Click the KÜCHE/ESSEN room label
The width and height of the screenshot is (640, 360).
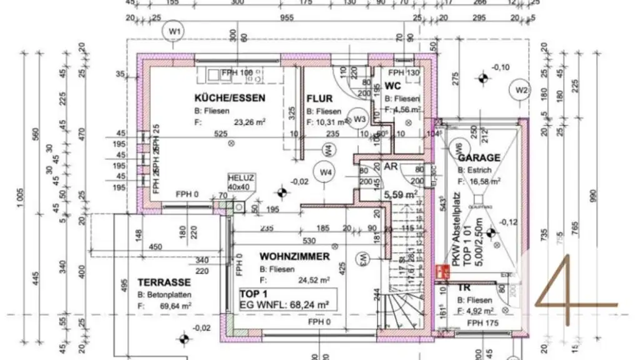click(230, 98)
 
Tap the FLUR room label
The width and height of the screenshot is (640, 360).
click(319, 99)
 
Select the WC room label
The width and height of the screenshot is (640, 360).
click(392, 86)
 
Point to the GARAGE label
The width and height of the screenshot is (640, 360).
click(479, 158)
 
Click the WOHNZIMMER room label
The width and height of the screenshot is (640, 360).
click(294, 256)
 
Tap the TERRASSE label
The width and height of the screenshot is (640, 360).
click(156, 282)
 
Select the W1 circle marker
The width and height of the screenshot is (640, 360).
click(174, 31)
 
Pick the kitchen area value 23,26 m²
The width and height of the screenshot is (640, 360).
click(250, 122)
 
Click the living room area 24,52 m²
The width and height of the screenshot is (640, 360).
click(314, 281)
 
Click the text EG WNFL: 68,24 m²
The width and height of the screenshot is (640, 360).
click(286, 305)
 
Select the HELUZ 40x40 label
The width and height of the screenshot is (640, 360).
click(237, 182)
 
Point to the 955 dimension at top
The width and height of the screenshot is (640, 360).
click(286, 18)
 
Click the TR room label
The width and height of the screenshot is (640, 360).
click(464, 288)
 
